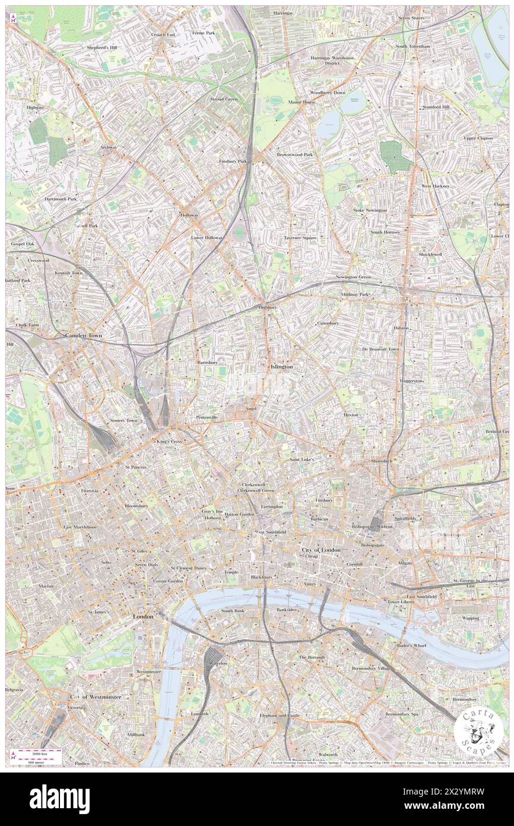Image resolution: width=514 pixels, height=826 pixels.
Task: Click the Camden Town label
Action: [x=83, y=336]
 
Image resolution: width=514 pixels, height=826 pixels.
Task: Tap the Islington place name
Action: [x=281, y=367]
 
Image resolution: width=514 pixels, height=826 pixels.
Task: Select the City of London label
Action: [x=321, y=550]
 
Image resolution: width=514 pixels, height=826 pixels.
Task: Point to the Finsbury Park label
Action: [x=233, y=161]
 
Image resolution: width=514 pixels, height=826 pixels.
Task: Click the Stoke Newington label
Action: [x=370, y=210]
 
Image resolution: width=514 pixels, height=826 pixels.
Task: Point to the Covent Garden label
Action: [x=167, y=581]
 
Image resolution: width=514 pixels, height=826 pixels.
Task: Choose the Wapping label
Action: [x=471, y=618]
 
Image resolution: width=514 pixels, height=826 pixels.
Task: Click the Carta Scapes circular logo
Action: [x=474, y=730]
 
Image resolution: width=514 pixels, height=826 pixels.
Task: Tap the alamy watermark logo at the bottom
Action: [x=59, y=799]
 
